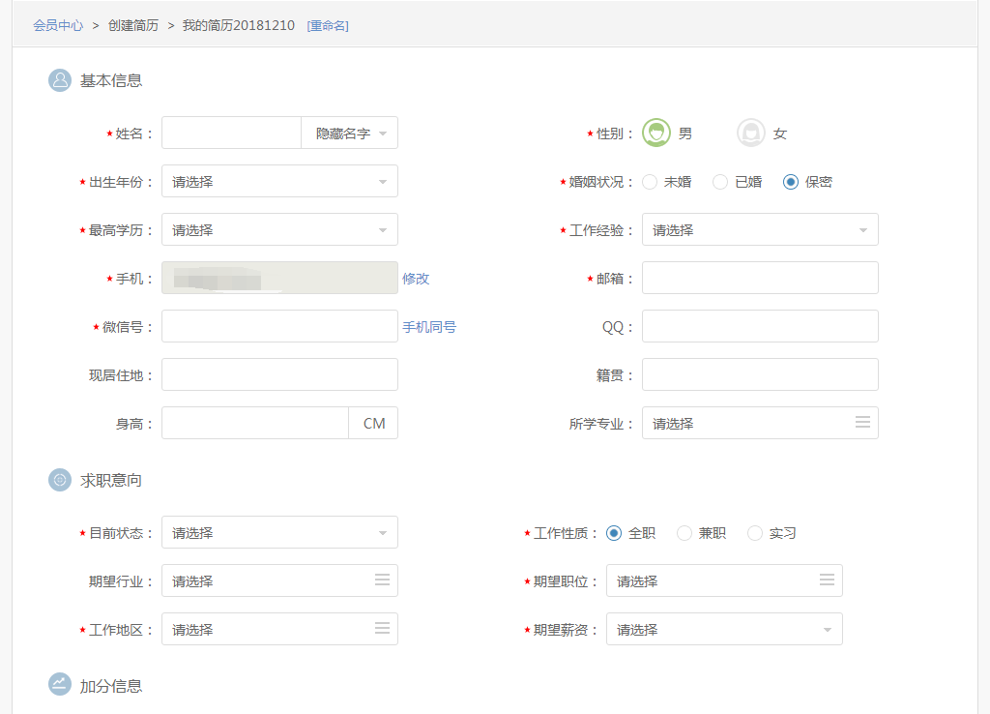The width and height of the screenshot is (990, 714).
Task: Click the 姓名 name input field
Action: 231,133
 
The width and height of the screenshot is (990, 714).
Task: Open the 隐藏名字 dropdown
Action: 350,134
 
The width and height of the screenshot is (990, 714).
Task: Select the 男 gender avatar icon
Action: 656,133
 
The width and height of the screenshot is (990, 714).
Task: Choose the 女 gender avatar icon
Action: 751,133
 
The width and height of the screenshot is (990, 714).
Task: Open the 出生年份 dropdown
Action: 279,181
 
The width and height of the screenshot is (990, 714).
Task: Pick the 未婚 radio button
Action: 650,182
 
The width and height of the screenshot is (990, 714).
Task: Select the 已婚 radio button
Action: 720,182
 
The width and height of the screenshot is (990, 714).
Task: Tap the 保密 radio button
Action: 791,182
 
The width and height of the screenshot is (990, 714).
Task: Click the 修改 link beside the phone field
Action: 416,279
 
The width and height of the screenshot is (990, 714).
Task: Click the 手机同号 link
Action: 429,327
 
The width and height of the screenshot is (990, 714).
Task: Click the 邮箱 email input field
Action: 760,278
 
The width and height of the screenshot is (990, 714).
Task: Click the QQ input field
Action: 760,326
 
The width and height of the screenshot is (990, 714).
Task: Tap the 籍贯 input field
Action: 760,374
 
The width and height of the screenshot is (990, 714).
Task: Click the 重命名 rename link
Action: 328,26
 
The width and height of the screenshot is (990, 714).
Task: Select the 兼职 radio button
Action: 684,533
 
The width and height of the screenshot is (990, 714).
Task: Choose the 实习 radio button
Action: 755,533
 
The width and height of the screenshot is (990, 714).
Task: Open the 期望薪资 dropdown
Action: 724,629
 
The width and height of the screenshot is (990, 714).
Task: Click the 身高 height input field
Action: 254,423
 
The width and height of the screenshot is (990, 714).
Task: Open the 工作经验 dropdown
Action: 760,229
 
